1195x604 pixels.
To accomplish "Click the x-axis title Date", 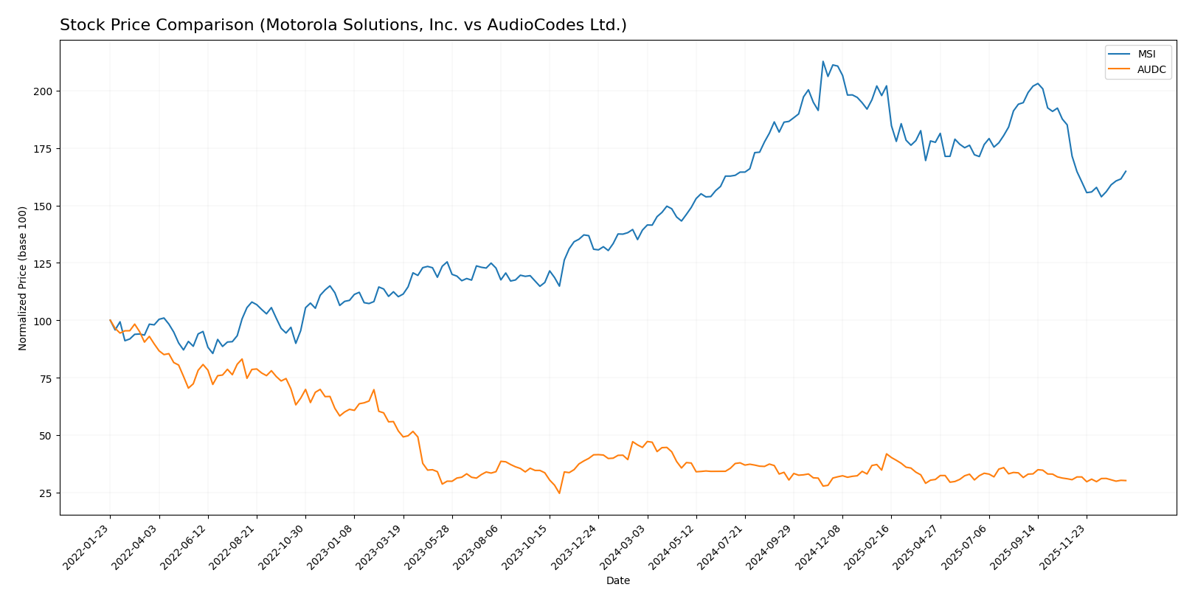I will (x=617, y=581).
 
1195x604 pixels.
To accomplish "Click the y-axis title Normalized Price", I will (x=23, y=278).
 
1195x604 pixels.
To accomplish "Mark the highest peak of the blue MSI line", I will (x=823, y=61).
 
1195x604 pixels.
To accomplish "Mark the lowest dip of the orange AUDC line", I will (x=559, y=493).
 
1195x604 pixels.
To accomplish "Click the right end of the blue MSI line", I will (x=1126, y=171).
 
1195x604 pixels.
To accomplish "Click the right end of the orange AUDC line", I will (x=1126, y=481).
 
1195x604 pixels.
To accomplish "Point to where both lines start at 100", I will (x=110, y=320).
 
